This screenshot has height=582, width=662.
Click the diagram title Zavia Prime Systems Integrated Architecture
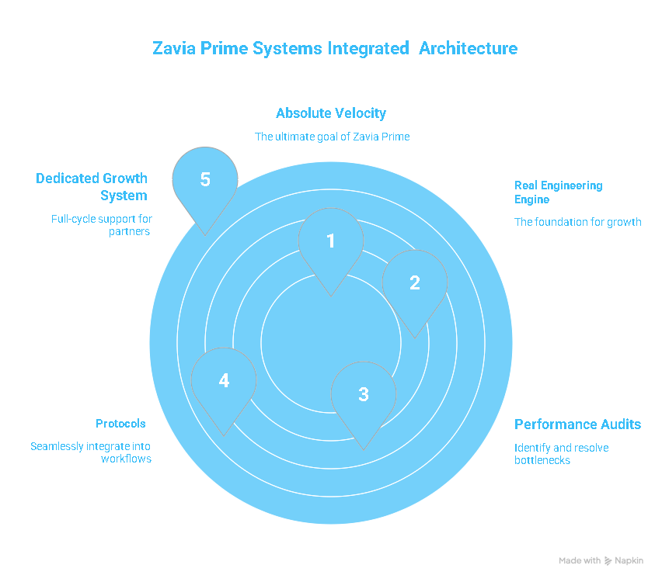(335, 48)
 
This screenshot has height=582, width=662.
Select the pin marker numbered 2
(415, 282)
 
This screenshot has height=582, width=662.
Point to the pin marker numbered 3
(364, 394)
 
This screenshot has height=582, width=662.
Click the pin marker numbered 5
(205, 180)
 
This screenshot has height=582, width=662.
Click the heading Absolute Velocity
(331, 113)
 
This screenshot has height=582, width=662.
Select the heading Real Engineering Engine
(558, 192)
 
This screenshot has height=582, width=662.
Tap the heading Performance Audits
(577, 424)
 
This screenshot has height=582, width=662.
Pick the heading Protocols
(120, 424)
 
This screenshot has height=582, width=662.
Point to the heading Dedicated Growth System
(92, 187)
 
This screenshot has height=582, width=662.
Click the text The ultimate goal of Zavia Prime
(333, 137)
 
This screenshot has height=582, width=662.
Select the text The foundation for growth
(578, 222)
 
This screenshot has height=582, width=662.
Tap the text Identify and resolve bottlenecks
(561, 454)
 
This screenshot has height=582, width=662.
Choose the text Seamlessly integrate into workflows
(91, 452)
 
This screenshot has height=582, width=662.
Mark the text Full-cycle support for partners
(101, 225)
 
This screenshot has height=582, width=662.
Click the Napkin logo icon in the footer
(608, 560)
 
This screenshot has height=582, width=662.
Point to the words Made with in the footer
(580, 560)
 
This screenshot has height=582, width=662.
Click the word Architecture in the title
(469, 48)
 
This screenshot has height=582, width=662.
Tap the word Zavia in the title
(175, 48)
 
